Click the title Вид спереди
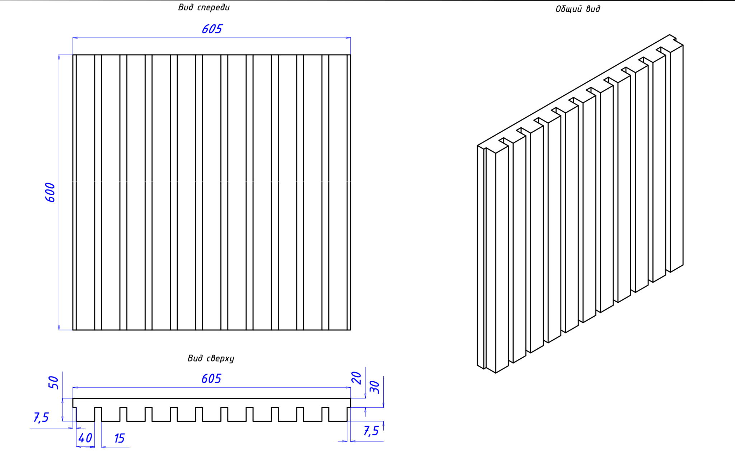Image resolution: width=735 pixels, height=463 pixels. click(x=203, y=8)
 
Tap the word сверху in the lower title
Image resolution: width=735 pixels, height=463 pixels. click(x=220, y=358)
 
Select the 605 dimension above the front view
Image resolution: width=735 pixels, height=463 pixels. click(x=212, y=29)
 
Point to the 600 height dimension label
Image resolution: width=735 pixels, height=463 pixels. click(x=51, y=192)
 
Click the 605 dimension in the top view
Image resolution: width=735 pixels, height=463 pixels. click(x=211, y=379)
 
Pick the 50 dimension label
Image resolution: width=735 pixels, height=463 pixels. click(x=53, y=382)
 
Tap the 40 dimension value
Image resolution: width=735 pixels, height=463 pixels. click(x=85, y=438)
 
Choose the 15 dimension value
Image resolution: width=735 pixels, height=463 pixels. click(x=119, y=438)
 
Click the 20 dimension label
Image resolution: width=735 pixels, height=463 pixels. click(x=356, y=378)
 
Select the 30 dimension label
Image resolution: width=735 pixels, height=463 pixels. click(x=374, y=387)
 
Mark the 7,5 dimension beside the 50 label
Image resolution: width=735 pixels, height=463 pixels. click(x=41, y=417)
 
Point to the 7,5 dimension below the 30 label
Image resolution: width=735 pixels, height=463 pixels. click(x=371, y=431)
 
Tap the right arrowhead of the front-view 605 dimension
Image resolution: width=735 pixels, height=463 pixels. click(x=348, y=37)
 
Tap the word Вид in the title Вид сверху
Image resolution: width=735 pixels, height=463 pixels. click(x=195, y=358)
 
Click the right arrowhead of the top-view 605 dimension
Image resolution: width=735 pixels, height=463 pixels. click(x=348, y=387)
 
